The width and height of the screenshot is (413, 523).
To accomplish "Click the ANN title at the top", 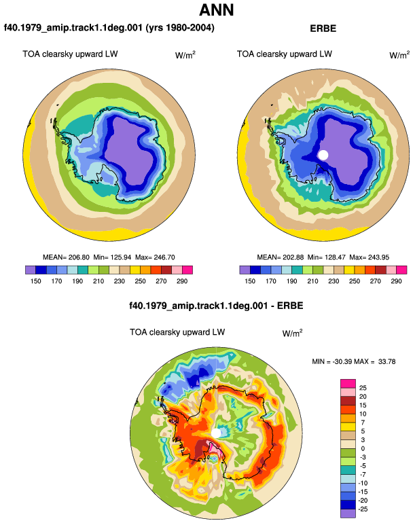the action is coord(217,10).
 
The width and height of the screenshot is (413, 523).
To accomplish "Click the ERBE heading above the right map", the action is coord(323,29).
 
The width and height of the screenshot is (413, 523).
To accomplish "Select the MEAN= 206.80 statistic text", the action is coord(66,257).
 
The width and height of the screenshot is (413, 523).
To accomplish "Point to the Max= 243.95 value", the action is coord(370,257).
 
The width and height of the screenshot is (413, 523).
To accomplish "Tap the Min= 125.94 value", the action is coord(113,257).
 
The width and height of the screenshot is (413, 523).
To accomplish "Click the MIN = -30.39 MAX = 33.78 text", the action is coord(354,361).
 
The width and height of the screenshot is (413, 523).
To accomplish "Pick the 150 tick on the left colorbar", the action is coord(36,281).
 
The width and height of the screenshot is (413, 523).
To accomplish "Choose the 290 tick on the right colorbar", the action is coord(396,281).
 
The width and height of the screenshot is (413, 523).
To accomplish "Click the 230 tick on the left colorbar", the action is coord(120,281).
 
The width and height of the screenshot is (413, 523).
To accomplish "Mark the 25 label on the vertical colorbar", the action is coord(363,388).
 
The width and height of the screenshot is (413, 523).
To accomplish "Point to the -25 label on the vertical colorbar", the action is coord(363,509).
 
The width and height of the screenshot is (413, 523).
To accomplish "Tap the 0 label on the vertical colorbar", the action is coord(363,448).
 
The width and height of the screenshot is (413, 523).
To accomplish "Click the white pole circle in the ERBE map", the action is coord(323,155).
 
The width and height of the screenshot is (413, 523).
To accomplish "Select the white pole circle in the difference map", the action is coord(216,433).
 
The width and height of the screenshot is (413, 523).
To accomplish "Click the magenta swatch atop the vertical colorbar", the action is coord(348,383).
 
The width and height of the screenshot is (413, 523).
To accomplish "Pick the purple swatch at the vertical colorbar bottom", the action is coord(348,513).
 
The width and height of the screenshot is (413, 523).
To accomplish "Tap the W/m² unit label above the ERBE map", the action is coord(399,55).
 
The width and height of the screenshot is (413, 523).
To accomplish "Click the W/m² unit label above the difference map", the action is coord(292,333).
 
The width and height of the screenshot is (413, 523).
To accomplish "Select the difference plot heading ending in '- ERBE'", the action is coord(216,306).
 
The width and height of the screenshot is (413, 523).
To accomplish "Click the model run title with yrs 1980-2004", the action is coord(109,28).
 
